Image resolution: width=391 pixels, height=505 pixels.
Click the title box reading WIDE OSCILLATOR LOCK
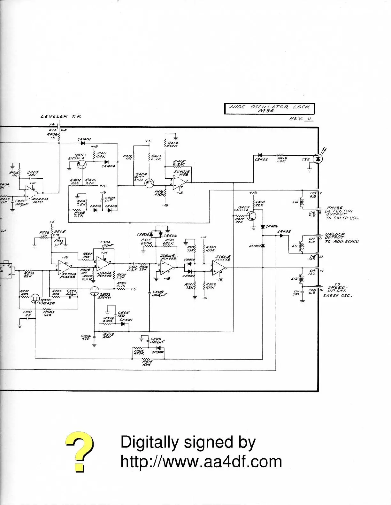[269, 109]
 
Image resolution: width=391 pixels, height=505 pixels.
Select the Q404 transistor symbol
[149, 183]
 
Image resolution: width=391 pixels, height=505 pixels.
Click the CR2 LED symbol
[317, 159]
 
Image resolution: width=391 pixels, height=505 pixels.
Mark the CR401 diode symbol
[83, 143]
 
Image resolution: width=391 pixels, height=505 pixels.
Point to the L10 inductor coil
[300, 202]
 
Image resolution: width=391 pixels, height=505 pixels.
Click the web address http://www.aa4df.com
[201, 462]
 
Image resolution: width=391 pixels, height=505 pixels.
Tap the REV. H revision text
[301, 119]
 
